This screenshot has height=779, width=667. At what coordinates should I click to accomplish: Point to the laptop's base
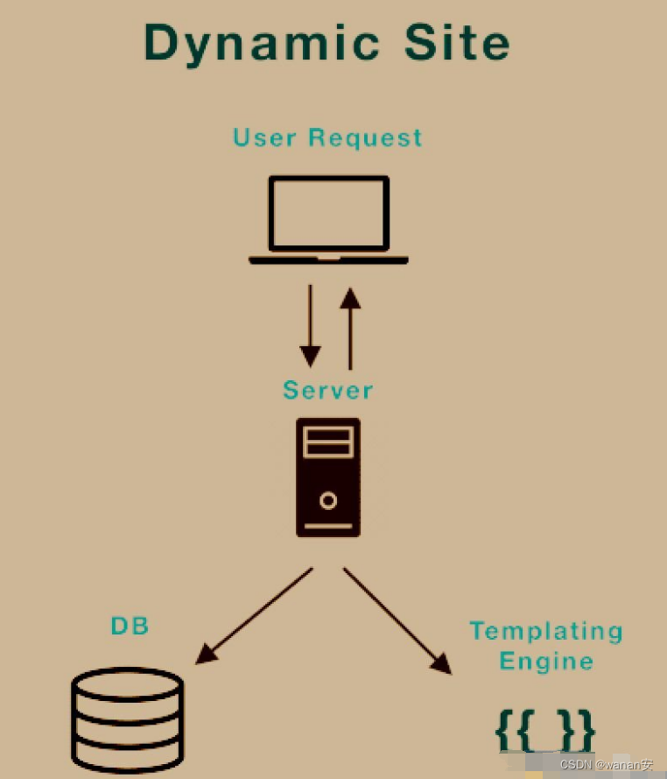click(x=328, y=259)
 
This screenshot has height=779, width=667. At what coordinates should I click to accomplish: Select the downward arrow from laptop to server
click(x=310, y=324)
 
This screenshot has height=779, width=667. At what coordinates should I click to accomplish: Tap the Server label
click(x=328, y=390)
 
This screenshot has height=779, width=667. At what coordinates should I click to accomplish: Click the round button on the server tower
click(x=328, y=501)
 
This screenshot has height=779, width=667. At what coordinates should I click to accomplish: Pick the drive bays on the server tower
click(x=328, y=443)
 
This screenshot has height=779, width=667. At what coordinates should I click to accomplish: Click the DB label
click(x=130, y=626)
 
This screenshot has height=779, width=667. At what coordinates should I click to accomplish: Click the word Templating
click(x=546, y=631)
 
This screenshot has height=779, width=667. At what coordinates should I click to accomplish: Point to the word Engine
click(x=546, y=661)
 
